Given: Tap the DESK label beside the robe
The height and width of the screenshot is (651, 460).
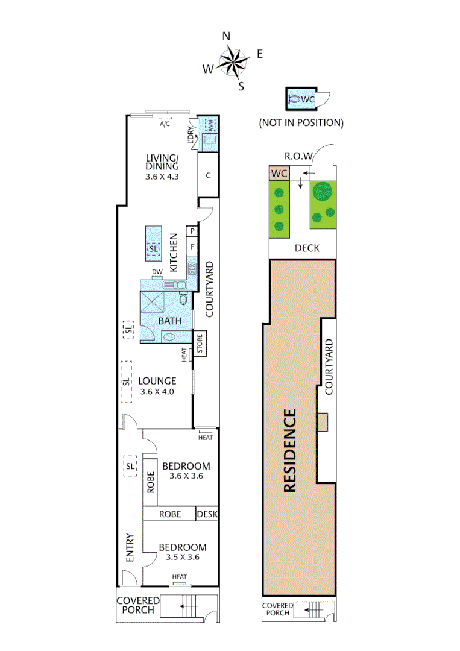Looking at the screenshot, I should pyautogui.click(x=207, y=514).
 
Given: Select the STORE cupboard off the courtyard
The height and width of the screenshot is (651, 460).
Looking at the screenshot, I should pyautogui.click(x=200, y=343).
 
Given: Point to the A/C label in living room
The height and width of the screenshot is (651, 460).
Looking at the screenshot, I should pyautogui.click(x=164, y=125).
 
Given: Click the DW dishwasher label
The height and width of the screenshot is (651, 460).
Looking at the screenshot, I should pyautogui.click(x=157, y=272).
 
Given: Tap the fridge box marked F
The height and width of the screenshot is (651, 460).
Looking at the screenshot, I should pyautogui.click(x=192, y=247).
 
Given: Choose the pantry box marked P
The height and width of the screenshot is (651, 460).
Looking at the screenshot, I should pyautogui.click(x=192, y=231).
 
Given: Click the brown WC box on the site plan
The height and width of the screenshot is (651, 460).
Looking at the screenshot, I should pyautogui.click(x=279, y=174).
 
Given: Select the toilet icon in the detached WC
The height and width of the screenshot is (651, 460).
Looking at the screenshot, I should pyautogui.click(x=294, y=99).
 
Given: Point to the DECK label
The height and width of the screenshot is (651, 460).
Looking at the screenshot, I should pyautogui.click(x=307, y=248).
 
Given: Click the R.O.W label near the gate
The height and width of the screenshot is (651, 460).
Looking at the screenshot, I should pyautogui.click(x=298, y=156).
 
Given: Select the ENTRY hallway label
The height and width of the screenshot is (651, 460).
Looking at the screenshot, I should pyautogui.click(x=130, y=549).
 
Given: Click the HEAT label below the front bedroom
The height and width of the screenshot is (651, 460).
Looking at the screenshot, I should pyautogui.click(x=180, y=577).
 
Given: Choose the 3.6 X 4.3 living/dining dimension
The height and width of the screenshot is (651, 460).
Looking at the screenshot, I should pyautogui.click(x=163, y=177).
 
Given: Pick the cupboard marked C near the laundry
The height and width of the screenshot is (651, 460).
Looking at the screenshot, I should pyautogui.click(x=208, y=176).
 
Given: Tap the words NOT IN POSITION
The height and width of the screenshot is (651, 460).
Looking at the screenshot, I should pyautogui.click(x=301, y=122).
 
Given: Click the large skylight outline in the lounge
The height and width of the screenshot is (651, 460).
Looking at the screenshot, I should pyautogui.click(x=126, y=382).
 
